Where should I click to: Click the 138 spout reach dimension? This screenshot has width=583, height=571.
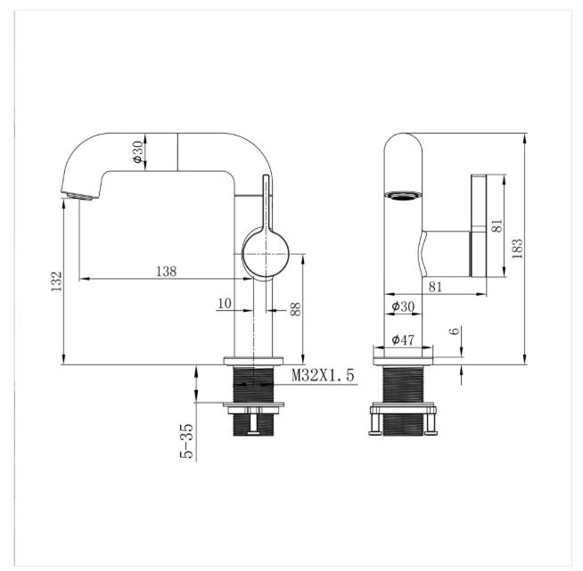pyautogui.click(x=166, y=271)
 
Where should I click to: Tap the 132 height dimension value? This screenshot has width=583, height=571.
pyautogui.click(x=56, y=281)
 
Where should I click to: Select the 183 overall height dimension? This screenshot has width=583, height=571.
pyautogui.click(x=517, y=249)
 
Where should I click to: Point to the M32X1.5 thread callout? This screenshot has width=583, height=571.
pyautogui.click(x=323, y=375)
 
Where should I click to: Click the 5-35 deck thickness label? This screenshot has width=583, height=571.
pyautogui.click(x=186, y=441)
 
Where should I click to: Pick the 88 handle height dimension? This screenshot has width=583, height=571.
pyautogui.click(x=295, y=309)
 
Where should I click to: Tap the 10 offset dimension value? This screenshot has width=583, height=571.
pyautogui.click(x=225, y=304)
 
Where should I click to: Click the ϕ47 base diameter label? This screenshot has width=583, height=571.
pyautogui.click(x=403, y=339)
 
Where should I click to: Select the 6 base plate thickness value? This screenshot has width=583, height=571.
pyautogui.click(x=456, y=330)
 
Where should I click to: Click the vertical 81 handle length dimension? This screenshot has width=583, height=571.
pyautogui.click(x=497, y=226)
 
